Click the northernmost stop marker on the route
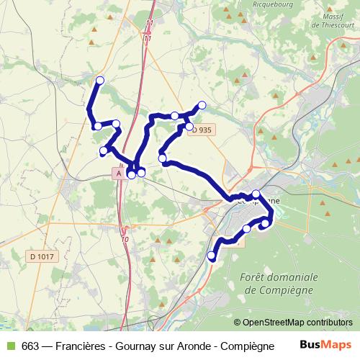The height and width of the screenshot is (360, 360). [x=100, y=80]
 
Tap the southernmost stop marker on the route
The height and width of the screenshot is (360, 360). [x=212, y=256]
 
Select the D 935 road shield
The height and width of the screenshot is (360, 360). [x=203, y=130]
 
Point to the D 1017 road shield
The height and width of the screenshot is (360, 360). [x=42, y=256]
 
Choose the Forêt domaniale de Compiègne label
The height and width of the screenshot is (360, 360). [x=281, y=283]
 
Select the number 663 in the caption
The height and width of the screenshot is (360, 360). [x=31, y=345]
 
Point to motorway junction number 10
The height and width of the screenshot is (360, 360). [x=125, y=239]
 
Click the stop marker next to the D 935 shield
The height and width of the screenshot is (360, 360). [x=190, y=127]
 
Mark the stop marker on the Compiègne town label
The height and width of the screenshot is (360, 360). [x=256, y=194]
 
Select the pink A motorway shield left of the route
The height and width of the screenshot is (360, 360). [x=118, y=174]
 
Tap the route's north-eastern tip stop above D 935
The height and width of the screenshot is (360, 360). [x=202, y=105]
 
